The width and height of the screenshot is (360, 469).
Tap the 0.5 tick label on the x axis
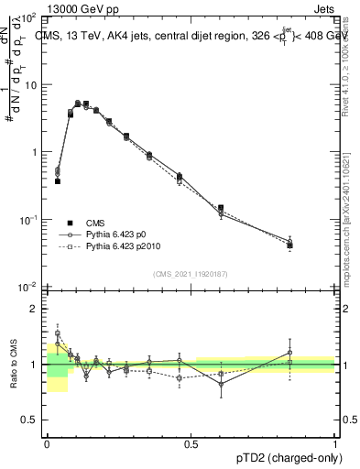191,442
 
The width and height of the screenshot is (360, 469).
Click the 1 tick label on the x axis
334,442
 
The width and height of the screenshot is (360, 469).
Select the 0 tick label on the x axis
47,442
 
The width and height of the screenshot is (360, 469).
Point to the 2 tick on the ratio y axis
33,309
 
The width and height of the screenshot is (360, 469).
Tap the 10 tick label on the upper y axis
29,85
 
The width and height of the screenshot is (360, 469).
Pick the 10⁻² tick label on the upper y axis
27,288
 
